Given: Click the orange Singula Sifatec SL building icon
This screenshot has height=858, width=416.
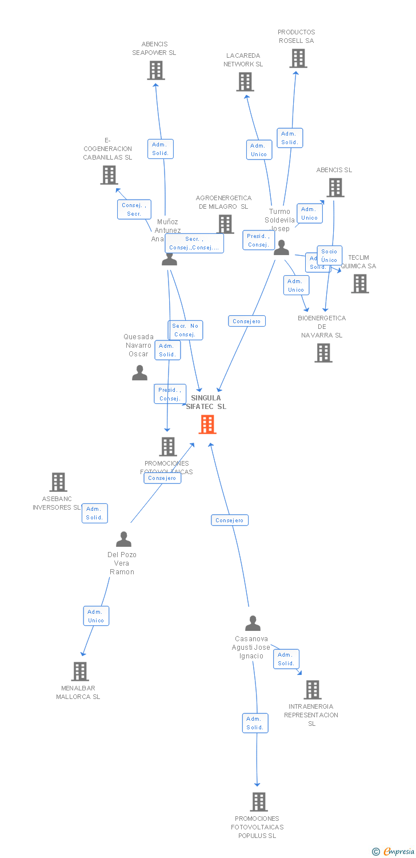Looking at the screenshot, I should pos(207,424).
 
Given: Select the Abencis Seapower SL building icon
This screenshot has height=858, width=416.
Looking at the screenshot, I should pos(155,70).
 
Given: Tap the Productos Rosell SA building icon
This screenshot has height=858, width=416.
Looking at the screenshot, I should pos(298,58).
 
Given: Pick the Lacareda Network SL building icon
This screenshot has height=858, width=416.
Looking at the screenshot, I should pos(245,82).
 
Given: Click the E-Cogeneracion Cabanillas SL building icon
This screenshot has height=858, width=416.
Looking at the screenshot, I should pos(109,175).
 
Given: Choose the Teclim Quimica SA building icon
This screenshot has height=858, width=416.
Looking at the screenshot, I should pos(360,284).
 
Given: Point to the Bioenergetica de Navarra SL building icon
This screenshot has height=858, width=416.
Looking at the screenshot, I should pos(323,353).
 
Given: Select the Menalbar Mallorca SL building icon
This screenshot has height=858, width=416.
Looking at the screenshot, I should pos(80,671).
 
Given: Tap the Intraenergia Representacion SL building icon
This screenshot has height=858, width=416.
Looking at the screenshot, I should pos(312,690).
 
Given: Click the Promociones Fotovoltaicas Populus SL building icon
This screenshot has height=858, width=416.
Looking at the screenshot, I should pos(259,802).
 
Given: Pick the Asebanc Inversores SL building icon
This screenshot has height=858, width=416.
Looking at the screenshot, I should pos(58,482).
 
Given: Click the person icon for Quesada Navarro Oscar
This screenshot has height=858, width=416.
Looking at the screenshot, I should pos(139,373).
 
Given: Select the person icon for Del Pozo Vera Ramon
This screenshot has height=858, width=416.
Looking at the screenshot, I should pos(123,539).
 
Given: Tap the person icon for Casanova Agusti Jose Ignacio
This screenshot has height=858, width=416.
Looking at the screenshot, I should pos(253,623).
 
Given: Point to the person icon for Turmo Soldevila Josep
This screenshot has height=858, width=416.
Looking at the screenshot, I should pos(281,248).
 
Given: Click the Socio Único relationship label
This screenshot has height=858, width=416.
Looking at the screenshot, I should pos(329,256).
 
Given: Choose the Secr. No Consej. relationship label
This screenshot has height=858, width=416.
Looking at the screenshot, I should pos(186,330).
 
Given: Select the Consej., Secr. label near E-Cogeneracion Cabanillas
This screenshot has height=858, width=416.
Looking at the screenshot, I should pos(134,209).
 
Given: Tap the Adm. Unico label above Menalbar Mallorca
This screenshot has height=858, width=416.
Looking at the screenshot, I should pos(96,616).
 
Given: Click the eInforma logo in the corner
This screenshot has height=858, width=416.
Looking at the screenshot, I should pos(393,852).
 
